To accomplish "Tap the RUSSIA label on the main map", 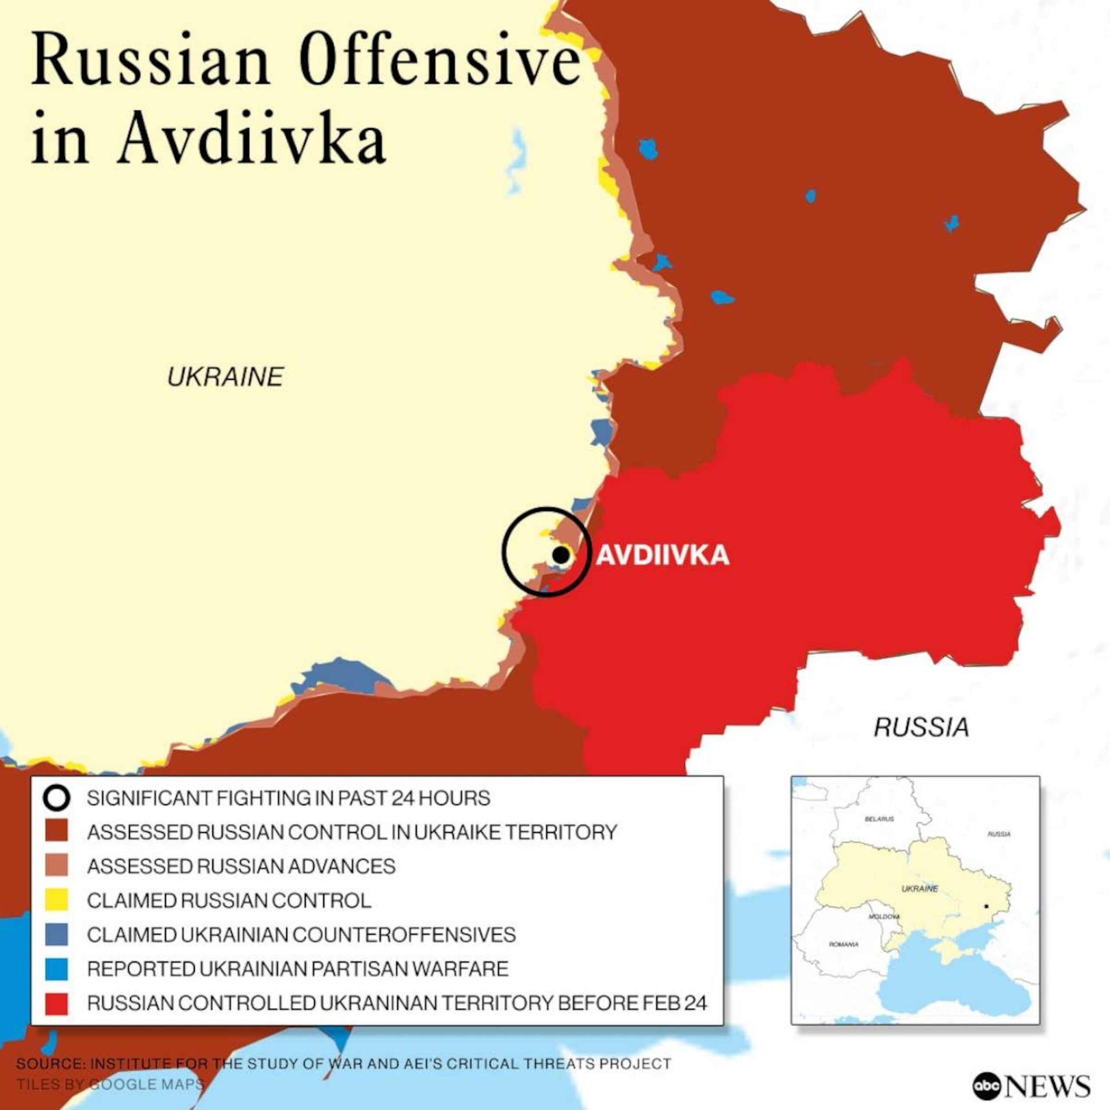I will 921,728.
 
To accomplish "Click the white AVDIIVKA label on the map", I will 663,555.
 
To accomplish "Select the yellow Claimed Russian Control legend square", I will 57,900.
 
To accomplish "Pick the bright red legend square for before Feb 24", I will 57,1003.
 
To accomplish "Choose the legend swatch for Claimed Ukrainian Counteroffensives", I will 57,934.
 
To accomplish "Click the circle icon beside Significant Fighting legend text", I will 57,798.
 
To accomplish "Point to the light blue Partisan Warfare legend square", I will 57,969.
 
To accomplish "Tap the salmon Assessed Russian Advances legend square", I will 57,866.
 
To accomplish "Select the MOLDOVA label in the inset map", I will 884,917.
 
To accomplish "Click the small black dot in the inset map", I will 986,907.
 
